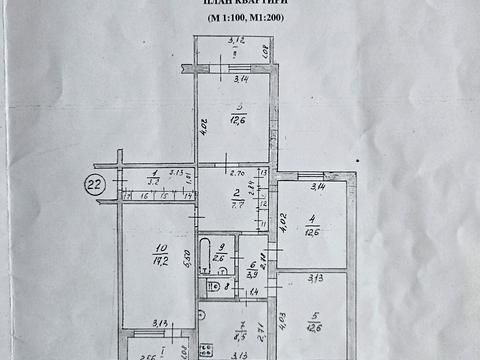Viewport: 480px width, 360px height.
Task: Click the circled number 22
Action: [96, 183]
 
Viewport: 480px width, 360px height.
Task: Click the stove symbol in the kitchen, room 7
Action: [205, 349]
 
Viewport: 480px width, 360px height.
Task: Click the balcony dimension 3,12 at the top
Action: [235, 41]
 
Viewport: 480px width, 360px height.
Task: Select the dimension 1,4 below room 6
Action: [254, 291]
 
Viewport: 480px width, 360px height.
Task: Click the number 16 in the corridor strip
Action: [148, 196]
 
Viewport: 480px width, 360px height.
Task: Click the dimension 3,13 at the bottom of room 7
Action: [238, 354]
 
